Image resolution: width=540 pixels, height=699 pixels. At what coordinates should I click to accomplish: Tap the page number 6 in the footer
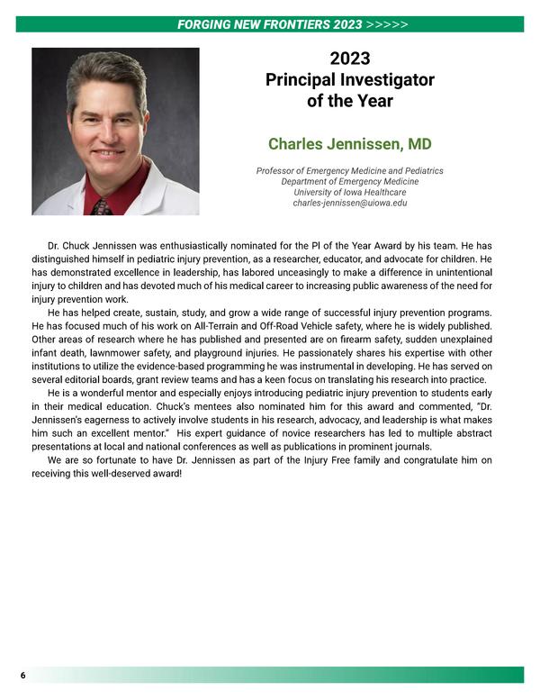[22, 676]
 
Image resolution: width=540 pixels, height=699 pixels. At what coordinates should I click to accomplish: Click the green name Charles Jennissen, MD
[349, 144]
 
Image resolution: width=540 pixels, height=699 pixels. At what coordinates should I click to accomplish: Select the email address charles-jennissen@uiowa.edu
[349, 204]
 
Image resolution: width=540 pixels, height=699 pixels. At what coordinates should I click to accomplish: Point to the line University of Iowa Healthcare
[349, 193]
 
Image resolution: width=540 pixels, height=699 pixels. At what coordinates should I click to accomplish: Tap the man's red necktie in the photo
[102, 205]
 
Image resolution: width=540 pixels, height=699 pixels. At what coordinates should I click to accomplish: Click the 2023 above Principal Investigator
[350, 59]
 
